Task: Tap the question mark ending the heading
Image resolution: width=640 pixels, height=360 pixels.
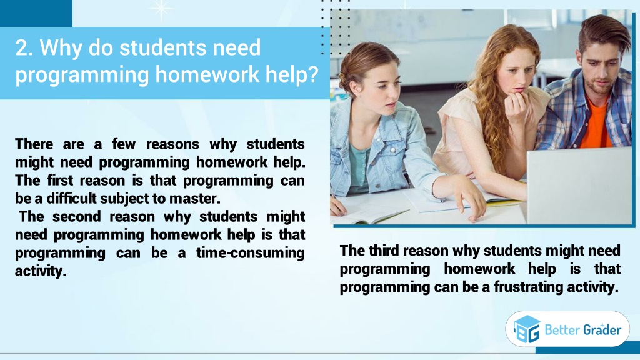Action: click(312, 74)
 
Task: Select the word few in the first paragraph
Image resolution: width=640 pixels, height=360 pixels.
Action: click(124, 144)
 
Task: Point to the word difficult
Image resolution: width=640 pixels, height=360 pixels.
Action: click(71, 198)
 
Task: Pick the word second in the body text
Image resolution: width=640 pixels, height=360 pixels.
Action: click(76, 217)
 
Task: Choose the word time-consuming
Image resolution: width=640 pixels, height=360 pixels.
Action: click(250, 253)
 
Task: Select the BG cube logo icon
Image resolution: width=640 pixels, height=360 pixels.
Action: click(527, 329)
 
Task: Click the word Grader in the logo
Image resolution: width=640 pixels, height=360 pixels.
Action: click(602, 329)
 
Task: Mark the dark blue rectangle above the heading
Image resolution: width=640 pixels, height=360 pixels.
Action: click(36, 14)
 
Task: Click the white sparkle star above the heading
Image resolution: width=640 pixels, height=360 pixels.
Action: click(162, 9)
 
